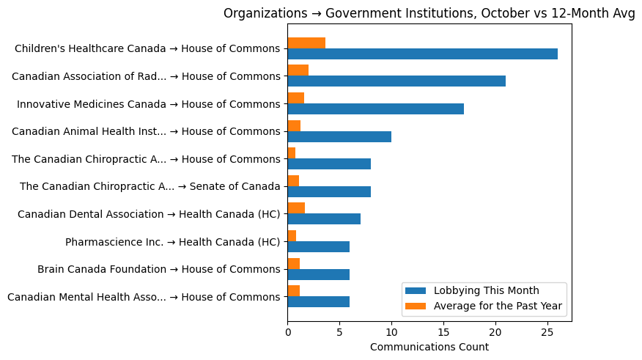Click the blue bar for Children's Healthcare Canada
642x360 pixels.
[x=422, y=54]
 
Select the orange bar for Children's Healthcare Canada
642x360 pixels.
[x=306, y=43]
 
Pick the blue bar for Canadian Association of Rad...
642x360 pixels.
[x=396, y=81]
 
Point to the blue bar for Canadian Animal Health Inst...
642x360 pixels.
[x=339, y=136]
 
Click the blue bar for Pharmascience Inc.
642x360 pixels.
[x=318, y=246]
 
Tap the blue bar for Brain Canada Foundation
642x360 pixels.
[x=318, y=274]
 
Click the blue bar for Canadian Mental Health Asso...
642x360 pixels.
[x=318, y=301]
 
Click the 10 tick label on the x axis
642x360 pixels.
[x=391, y=330]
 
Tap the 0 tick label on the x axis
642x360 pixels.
[x=287, y=330]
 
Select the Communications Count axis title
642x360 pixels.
[x=429, y=347]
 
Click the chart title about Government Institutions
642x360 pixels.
[x=429, y=13]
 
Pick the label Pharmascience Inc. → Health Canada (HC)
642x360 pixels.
[x=172, y=242]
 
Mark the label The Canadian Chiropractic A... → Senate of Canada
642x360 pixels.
[x=150, y=187]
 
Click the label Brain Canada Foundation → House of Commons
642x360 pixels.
[x=158, y=270]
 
